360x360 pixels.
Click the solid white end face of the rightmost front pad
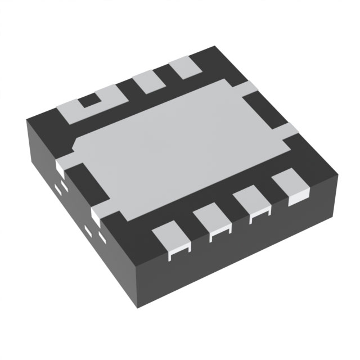[295, 199]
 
